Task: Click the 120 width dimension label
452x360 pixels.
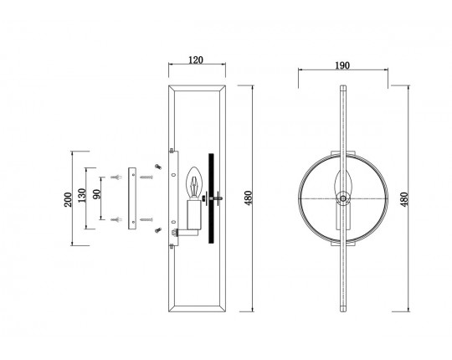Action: click(196, 60)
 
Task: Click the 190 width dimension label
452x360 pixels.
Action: click(342, 65)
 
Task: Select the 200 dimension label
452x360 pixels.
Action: click(68, 199)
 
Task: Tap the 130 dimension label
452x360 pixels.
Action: click(82, 195)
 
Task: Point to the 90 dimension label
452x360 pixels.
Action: click(97, 194)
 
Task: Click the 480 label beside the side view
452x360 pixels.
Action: click(249, 198)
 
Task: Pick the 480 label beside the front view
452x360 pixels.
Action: click(404, 199)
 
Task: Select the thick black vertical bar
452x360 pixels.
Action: click(211, 198)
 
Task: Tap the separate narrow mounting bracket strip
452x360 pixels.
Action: click(132, 198)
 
